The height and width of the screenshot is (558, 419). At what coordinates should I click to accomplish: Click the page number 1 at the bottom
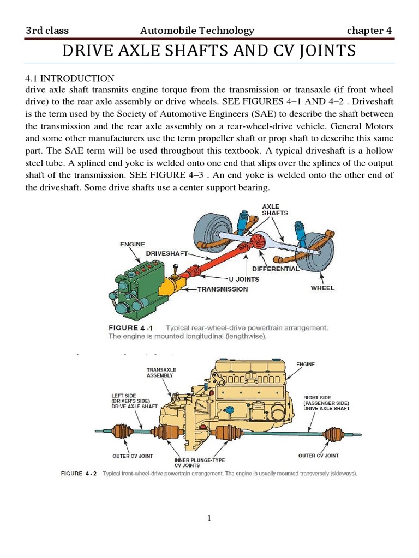click(x=209, y=519)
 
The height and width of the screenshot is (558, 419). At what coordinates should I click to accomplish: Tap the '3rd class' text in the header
click(x=47, y=31)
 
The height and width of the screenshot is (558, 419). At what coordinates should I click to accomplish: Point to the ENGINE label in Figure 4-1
click(x=133, y=245)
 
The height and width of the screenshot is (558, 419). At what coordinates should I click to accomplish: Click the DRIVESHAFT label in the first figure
click(x=167, y=254)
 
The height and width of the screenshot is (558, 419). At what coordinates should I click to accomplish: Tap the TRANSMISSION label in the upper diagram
click(x=222, y=289)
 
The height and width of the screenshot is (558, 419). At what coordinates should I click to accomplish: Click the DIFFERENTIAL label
click(x=276, y=269)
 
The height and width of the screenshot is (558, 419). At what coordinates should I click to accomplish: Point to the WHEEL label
click(x=322, y=288)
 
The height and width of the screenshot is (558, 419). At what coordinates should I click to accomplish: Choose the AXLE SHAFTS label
click(x=271, y=210)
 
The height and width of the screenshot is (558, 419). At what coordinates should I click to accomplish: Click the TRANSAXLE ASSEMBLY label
click(x=161, y=372)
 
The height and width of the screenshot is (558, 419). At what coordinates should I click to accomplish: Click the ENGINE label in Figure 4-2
click(x=305, y=363)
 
